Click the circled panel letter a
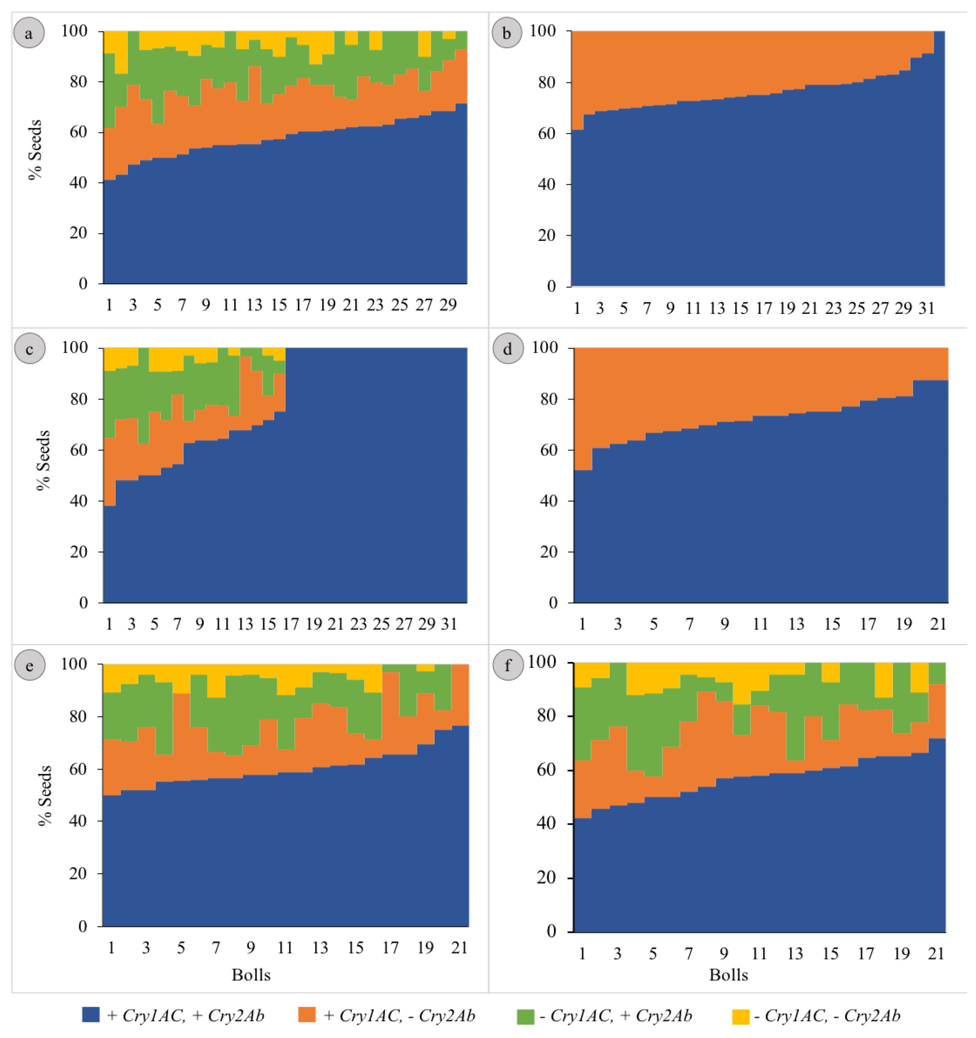tap(29, 33)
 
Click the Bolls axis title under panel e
tap(251, 975)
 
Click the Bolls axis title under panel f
tap(728, 975)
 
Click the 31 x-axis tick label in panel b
tap(926, 308)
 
